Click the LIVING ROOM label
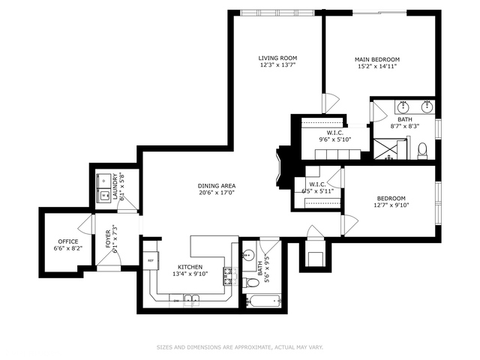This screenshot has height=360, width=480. coord(277,58)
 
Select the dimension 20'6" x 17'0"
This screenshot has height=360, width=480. coord(217,193)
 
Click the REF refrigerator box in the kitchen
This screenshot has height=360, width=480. coord(151,261)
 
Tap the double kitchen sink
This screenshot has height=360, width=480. coord(191,300)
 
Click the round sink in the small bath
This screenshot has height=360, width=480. coord(247,254)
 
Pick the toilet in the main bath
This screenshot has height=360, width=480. coord(422,148)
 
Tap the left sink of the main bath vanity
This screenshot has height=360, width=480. coord(403,106)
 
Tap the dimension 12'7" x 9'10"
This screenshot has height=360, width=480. coord(391,206)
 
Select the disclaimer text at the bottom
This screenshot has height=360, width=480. coord(239,347)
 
